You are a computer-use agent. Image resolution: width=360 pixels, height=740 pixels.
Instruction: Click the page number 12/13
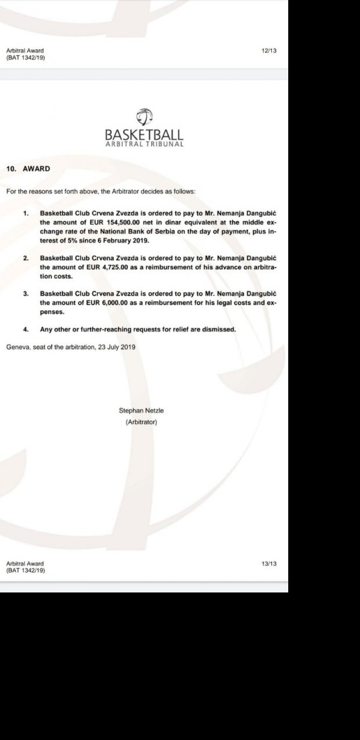[x=269, y=51]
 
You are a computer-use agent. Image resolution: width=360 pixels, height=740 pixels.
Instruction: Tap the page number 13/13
[x=269, y=564]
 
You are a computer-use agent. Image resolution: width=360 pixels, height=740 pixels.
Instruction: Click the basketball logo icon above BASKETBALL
[x=144, y=116]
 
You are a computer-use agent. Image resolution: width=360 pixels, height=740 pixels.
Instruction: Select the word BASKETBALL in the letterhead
[x=144, y=135]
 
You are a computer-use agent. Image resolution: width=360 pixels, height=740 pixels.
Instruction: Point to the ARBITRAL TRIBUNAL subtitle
[x=144, y=144]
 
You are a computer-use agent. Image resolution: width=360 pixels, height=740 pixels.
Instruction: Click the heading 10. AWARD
[x=28, y=169]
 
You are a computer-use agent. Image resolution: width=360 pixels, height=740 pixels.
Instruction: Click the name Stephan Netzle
[x=141, y=410]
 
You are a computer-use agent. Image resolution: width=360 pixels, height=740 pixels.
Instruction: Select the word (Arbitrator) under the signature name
[x=141, y=422]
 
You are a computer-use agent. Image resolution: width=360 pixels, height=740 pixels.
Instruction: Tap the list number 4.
[x=25, y=329]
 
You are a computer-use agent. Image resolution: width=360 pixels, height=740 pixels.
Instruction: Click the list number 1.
[x=25, y=213]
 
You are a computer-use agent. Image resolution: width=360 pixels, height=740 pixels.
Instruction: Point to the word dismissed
[x=217, y=329]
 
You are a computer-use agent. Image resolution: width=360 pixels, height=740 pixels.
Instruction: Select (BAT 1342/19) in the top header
[x=26, y=58]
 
